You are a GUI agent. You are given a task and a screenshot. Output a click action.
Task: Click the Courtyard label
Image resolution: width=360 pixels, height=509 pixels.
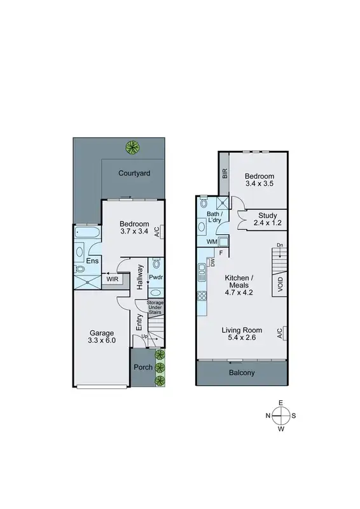(134, 172)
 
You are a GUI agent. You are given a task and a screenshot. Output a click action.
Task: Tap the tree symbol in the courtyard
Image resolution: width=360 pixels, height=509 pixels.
(132, 147)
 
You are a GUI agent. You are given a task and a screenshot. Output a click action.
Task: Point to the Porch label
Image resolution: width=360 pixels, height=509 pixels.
(142, 367)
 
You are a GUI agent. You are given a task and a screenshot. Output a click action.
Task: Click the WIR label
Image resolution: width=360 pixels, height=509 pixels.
(113, 279)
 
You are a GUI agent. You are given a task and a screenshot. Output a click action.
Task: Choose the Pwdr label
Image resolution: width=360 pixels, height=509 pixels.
(156, 277)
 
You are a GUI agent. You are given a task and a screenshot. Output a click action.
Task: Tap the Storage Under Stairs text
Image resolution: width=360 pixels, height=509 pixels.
(155, 307)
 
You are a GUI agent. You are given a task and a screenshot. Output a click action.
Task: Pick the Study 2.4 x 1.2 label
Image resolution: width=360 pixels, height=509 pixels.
(262, 220)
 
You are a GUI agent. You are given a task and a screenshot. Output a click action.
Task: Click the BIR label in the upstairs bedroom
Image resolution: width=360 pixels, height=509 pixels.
(225, 173)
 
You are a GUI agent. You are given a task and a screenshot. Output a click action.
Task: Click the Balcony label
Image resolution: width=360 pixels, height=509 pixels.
(242, 373)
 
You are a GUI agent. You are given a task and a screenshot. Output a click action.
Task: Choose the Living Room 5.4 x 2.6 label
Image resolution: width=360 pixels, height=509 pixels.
(242, 334)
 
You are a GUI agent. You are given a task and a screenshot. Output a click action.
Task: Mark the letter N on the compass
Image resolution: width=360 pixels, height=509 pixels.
(268, 415)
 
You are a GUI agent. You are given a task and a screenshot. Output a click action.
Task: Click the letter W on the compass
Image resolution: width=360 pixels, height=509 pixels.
(280, 429)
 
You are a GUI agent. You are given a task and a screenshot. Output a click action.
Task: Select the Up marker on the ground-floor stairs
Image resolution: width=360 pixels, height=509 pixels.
(145, 335)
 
